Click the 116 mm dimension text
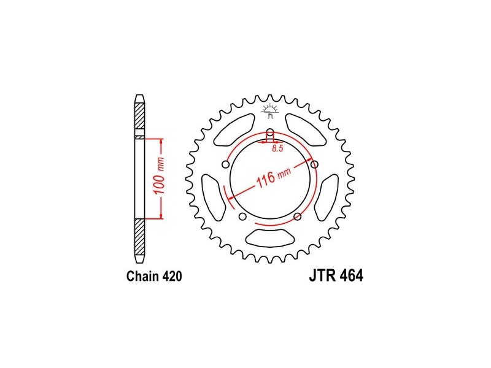pos(274,177)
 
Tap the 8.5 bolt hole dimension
pos(277,148)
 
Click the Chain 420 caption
pos(154,277)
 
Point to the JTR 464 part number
pos(336,275)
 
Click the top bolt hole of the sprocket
pos(270,132)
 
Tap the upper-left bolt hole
pos(225,164)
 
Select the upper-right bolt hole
pos(314,164)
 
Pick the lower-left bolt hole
pos(242,217)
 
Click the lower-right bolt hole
pos(298,217)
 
